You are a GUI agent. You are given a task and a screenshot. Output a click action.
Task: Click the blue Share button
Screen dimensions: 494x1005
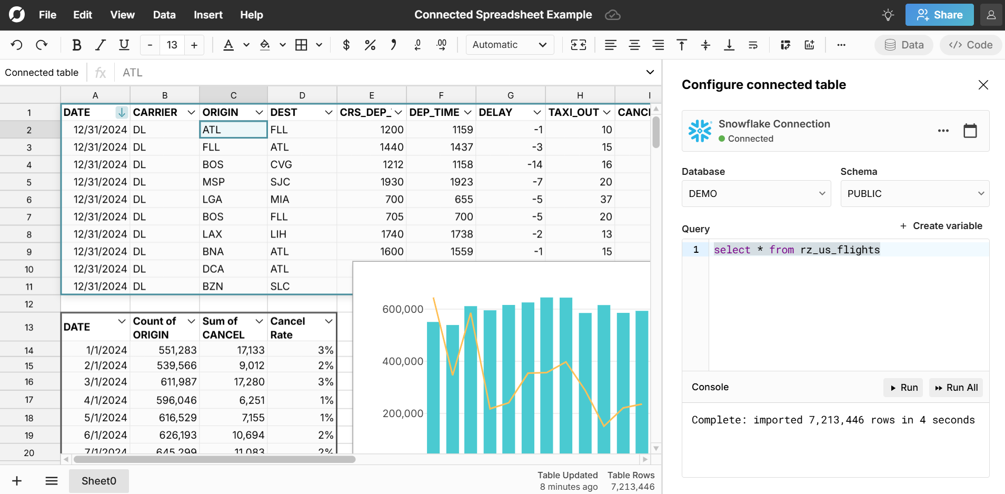click(939, 15)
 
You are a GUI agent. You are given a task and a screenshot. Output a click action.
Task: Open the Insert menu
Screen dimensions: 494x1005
click(208, 15)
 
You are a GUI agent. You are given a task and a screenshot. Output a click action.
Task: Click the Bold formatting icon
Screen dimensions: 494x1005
click(77, 45)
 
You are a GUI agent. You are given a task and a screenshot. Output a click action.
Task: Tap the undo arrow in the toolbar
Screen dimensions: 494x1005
click(17, 45)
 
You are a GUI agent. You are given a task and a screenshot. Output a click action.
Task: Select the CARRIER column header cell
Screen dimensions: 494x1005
click(155, 112)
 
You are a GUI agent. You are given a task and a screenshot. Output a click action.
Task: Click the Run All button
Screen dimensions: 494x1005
click(956, 388)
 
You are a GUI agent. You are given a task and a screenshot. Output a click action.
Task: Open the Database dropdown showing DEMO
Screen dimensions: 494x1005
click(756, 193)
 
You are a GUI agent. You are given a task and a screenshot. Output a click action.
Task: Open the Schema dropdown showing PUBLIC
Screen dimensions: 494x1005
click(914, 193)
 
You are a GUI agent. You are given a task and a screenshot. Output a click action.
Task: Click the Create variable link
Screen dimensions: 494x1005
click(941, 226)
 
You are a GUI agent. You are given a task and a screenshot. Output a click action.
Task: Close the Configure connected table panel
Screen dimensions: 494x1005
click(983, 85)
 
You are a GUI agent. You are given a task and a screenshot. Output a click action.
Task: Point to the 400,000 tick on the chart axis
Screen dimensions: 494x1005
click(403, 361)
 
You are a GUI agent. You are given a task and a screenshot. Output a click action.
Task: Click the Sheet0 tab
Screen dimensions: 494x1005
click(99, 481)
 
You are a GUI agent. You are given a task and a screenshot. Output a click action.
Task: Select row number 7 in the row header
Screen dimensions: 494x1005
click(29, 217)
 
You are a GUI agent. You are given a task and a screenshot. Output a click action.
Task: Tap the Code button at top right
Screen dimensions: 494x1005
click(971, 45)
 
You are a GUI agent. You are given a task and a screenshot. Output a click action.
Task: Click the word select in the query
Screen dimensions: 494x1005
click(732, 250)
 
